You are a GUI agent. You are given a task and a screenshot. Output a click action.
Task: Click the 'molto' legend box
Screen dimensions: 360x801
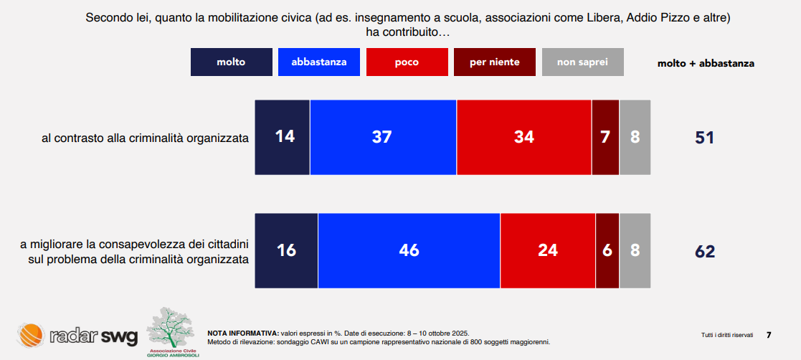231,62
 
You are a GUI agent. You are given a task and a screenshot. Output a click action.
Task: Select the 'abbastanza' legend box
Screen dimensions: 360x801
319,62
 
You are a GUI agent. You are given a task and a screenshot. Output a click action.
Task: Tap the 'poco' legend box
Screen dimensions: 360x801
407,62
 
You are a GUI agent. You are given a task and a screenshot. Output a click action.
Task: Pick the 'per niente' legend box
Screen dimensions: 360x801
495,62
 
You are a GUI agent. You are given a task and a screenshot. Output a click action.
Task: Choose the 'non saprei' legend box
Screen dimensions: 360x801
582,62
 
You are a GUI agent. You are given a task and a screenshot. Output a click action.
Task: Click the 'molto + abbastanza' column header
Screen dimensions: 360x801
706,63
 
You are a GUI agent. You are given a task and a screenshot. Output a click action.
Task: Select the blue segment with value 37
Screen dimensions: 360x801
383,137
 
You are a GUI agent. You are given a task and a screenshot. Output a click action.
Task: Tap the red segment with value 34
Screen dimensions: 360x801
524,137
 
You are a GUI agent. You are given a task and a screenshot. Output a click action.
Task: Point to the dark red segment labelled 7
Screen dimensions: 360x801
605,137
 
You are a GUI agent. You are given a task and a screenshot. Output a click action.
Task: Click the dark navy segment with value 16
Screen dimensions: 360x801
286,251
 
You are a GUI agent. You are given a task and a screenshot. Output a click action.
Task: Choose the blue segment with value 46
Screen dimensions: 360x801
409,251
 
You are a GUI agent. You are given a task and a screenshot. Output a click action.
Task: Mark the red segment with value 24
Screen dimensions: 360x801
548,251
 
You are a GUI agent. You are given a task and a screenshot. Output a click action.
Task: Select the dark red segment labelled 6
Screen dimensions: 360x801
607,251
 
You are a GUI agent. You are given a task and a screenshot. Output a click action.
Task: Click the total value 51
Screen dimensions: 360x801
705,137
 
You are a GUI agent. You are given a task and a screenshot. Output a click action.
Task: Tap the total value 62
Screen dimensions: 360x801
705,252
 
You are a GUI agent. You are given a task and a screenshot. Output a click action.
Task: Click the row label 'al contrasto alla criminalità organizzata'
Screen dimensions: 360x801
146,138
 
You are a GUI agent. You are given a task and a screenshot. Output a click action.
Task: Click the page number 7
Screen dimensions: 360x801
769,335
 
